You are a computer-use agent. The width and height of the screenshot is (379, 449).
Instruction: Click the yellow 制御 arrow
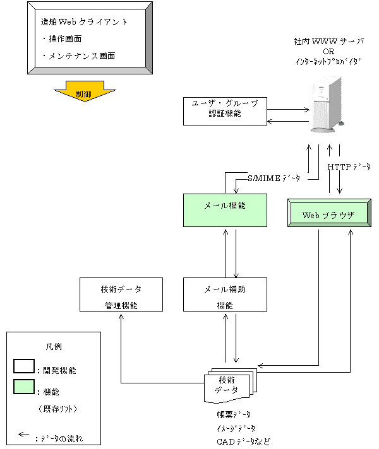(83, 93)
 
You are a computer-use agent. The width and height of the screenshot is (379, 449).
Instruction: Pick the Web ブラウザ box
(328, 214)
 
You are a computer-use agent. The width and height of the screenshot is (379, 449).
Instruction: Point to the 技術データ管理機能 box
(121, 295)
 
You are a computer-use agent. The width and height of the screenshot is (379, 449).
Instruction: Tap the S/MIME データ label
(274, 179)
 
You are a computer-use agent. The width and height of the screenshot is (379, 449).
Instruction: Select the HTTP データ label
(349, 166)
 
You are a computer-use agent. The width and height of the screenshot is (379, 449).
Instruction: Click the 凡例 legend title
(54, 346)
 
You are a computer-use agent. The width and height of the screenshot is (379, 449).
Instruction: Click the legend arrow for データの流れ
(25, 434)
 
